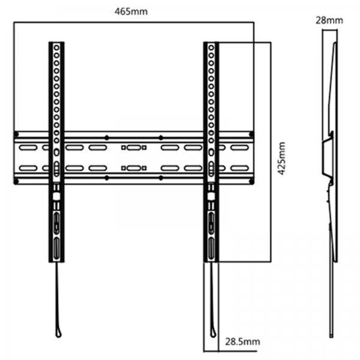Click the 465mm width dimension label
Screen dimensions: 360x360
[131, 11]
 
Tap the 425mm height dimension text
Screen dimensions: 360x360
[282, 158]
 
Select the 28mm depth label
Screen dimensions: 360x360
[329, 20]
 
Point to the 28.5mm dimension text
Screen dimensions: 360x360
[242, 341]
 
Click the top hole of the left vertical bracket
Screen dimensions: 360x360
[56, 48]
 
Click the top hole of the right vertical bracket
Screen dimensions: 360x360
[211, 48]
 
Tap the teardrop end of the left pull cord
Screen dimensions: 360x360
[59, 332]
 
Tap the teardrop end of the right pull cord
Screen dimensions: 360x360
[213, 332]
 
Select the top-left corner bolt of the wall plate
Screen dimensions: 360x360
[16, 134]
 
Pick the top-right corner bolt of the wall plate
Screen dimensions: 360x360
[251, 134]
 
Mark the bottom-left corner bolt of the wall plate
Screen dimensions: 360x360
[16, 182]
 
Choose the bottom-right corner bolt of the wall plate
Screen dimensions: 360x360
[251, 182]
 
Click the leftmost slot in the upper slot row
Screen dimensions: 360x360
[28, 148]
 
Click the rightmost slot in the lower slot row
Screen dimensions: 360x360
[239, 168]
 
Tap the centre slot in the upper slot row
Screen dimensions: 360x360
[134, 148]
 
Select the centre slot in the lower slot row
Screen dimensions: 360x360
[134, 168]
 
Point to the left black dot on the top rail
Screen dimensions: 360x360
[107, 138]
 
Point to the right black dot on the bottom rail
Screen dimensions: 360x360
[161, 178]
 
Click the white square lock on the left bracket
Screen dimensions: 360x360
[56, 196]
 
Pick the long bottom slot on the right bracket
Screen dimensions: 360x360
[211, 248]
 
